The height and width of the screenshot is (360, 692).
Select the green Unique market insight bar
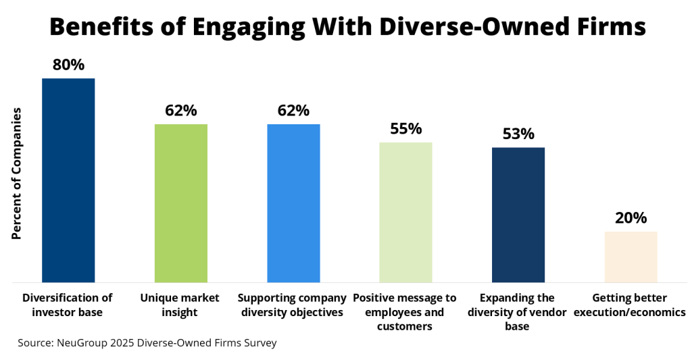(x=180, y=203)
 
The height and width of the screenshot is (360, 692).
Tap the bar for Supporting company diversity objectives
(x=293, y=203)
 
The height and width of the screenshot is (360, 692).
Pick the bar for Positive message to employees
(x=405, y=212)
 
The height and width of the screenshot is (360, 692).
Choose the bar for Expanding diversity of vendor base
(x=518, y=214)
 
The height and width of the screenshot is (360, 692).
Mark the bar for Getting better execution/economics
(x=631, y=257)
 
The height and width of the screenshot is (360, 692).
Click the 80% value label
(x=68, y=65)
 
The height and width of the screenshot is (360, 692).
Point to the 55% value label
(x=405, y=128)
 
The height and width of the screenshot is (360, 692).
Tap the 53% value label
(x=518, y=134)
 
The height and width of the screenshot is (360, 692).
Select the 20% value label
(x=631, y=217)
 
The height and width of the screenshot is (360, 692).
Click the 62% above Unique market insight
(x=180, y=110)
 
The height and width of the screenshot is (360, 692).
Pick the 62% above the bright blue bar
(x=293, y=110)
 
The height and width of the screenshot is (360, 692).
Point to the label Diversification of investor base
(x=68, y=305)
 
